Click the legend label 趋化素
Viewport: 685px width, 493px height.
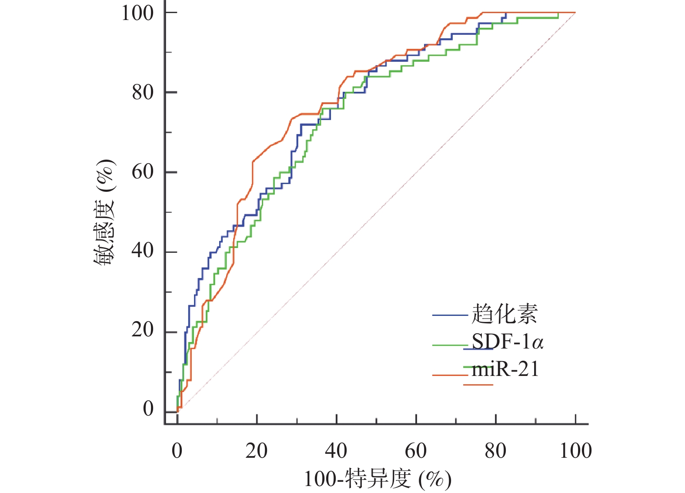coord(505,314)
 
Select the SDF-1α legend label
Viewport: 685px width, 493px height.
coord(508,342)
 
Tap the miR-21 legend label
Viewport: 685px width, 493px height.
coord(505,369)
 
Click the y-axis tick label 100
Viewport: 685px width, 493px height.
coord(137,13)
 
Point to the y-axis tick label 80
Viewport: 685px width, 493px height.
coord(143,92)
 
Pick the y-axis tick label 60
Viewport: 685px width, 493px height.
coord(143,172)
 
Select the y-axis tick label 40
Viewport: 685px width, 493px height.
coord(143,251)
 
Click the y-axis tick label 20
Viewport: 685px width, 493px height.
coord(143,330)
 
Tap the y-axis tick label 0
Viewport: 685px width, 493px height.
coord(148,409)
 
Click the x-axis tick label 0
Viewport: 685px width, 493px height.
coord(177,451)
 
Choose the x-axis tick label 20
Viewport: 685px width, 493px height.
coord(257,451)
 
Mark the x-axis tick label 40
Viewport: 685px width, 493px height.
coord(336,451)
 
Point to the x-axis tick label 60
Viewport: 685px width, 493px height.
coord(416,451)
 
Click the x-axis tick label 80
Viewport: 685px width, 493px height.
coord(495,451)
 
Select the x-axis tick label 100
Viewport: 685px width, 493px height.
coord(575,451)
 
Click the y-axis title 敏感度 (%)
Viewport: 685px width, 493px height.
coord(105,212)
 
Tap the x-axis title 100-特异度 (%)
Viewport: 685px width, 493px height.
coord(378,480)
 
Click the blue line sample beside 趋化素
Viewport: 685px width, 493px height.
coord(450,315)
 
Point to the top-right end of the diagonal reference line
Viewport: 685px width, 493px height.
coord(575,13)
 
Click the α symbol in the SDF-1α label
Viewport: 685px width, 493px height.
coord(538,343)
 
